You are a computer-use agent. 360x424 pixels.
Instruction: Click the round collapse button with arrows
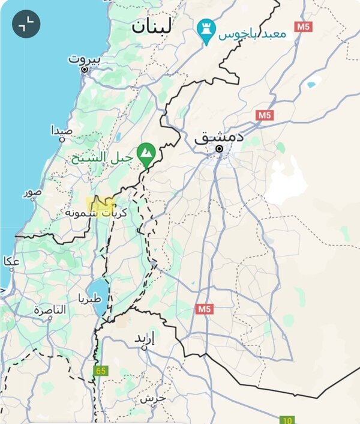[26, 24]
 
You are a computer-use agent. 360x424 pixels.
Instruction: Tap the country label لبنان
[152, 26]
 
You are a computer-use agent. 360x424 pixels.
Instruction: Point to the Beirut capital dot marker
[85, 70]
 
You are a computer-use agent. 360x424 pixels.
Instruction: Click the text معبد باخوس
[252, 34]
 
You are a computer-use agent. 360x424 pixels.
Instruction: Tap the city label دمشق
[219, 137]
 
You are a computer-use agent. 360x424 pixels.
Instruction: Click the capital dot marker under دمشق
[220, 148]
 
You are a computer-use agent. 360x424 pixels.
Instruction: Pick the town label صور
[33, 192]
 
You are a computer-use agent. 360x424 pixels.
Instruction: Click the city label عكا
[11, 261]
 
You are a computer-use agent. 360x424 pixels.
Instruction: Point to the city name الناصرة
[50, 310]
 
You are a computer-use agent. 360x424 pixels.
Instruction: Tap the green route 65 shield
[100, 371]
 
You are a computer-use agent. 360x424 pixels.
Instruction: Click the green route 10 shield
[287, 419]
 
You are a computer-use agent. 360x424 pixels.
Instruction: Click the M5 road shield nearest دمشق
[264, 115]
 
